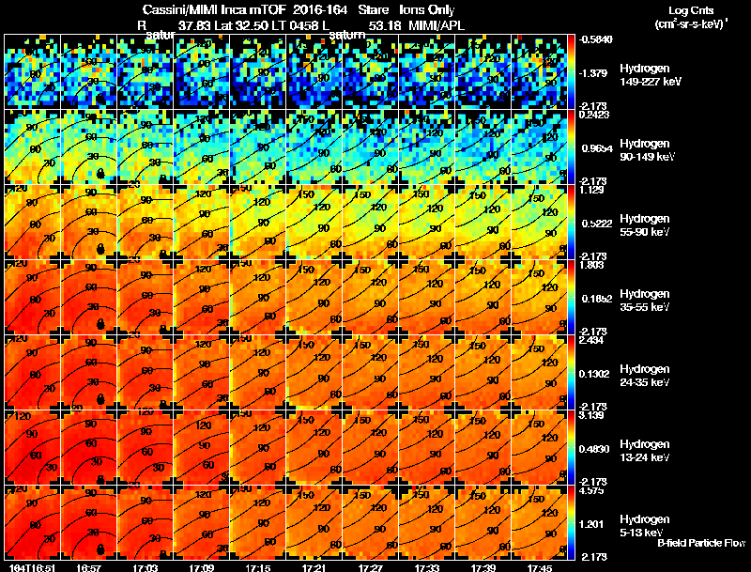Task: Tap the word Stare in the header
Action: point(373,9)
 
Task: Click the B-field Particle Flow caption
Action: point(699,544)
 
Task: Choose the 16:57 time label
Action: point(89,567)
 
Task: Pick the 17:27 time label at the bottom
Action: point(372,567)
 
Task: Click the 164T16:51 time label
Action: point(30,567)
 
